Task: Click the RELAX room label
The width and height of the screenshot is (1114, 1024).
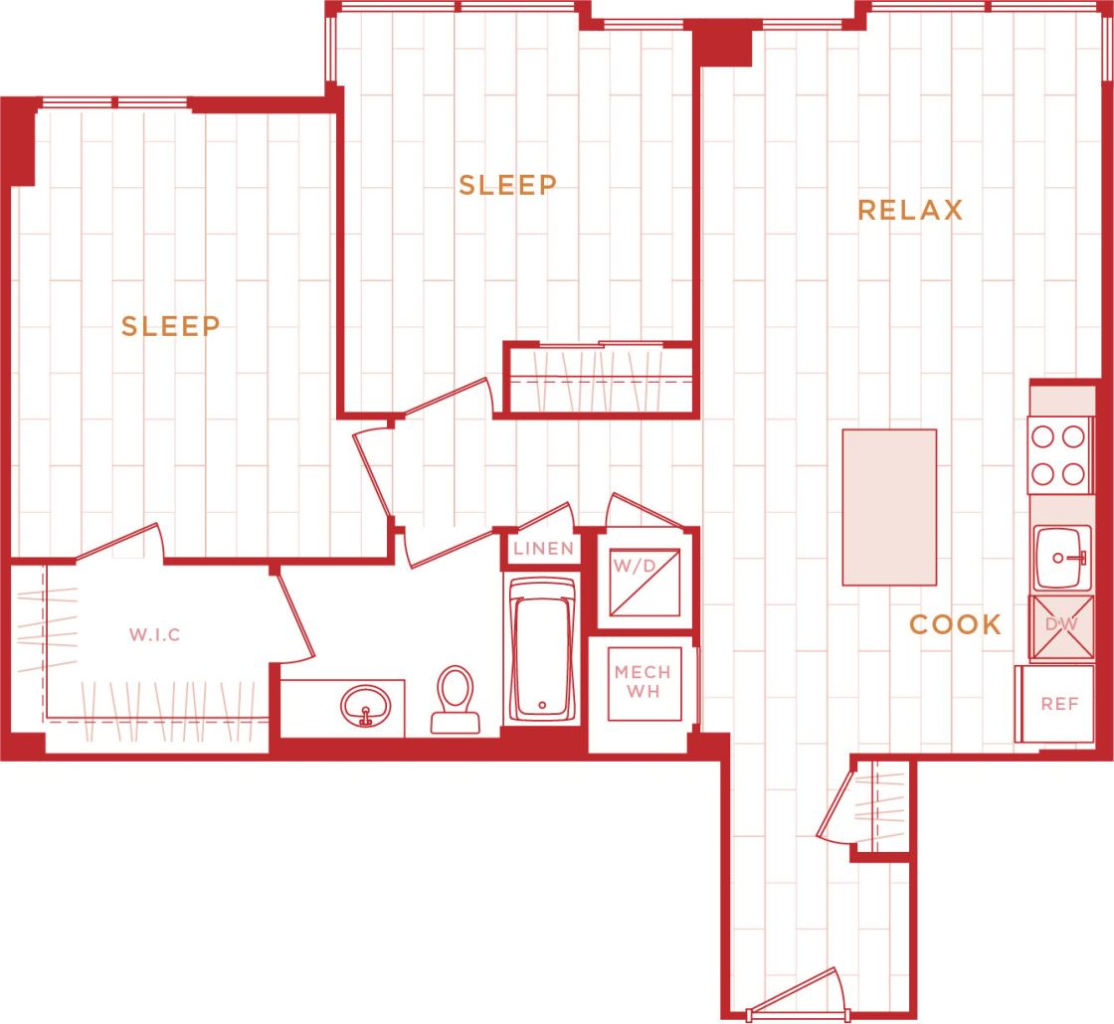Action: tap(910, 211)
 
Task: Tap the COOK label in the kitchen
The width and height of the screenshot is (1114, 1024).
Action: tap(955, 624)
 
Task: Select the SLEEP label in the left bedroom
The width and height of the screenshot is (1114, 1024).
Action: tap(171, 326)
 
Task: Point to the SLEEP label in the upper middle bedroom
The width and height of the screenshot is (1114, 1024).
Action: tap(507, 185)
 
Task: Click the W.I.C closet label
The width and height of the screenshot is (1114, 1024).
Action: tap(155, 634)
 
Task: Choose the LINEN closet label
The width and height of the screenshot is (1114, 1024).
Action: tap(543, 549)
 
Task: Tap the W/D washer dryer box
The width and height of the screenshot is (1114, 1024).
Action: tap(644, 582)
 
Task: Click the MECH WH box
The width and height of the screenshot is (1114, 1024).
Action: tap(642, 683)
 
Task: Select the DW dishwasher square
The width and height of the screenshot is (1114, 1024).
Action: tap(1060, 626)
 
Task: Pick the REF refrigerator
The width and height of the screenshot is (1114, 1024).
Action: tap(1059, 704)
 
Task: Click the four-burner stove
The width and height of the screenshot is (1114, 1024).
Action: tap(1058, 455)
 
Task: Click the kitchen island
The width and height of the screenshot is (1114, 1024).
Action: tap(889, 507)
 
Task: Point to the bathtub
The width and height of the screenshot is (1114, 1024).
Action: tap(542, 648)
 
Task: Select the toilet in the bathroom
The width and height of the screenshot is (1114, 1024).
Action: tap(456, 699)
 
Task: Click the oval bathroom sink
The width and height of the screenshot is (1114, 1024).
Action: tap(365, 707)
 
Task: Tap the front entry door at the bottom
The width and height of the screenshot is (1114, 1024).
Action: tap(796, 994)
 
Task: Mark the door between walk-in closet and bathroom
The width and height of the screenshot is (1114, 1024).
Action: tap(294, 616)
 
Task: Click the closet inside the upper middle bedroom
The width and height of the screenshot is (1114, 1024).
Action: tap(600, 380)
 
